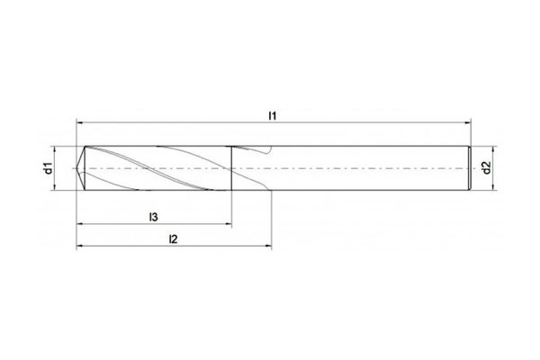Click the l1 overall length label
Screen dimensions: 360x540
273,115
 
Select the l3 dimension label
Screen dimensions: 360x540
154,217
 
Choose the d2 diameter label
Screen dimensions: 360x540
486,167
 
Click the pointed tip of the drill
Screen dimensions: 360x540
78,167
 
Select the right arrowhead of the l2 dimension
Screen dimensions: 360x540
269,247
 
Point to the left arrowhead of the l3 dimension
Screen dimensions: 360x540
80,224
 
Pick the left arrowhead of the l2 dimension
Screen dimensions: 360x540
80,247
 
